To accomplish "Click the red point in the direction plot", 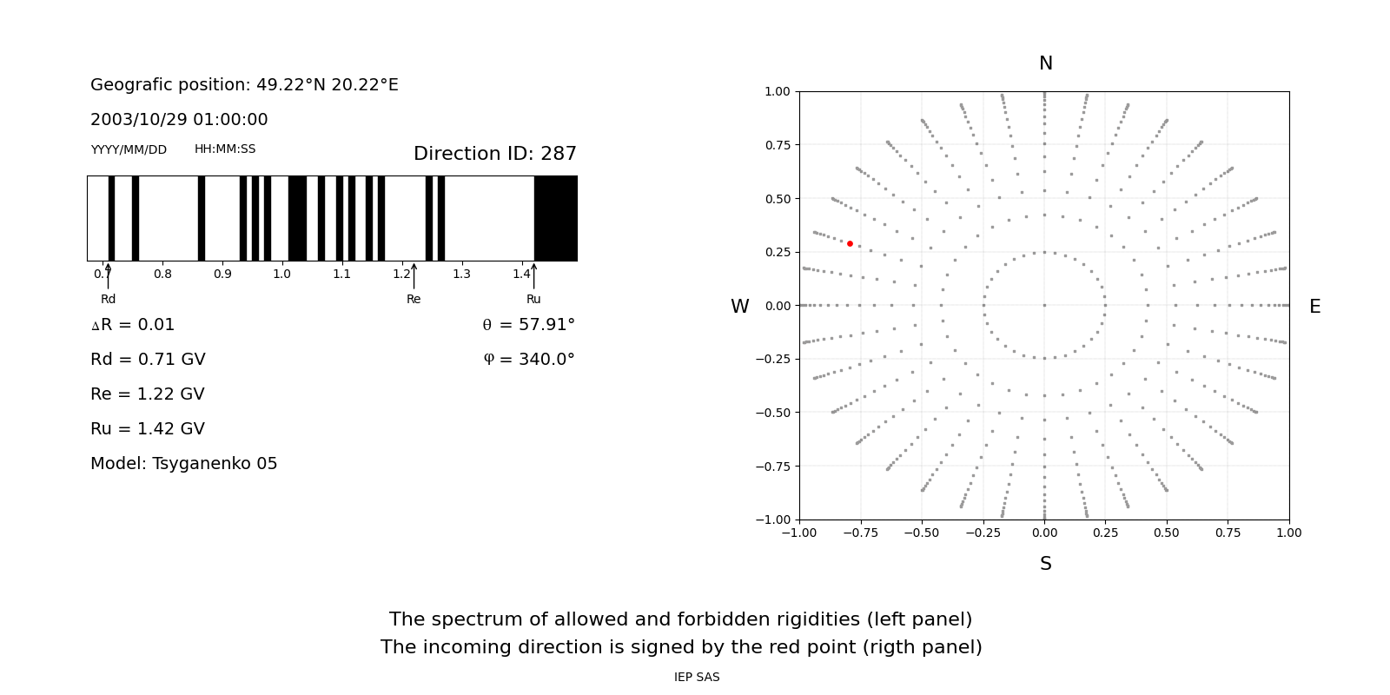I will [x=850, y=244].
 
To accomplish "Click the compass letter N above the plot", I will [x=1046, y=63].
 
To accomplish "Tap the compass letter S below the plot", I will [x=1046, y=564].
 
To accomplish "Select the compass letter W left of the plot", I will [x=739, y=307].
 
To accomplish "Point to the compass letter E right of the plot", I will [x=1314, y=307].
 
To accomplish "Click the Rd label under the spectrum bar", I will [x=108, y=299].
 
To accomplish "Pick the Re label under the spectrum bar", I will [x=414, y=299].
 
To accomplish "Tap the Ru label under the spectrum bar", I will [x=533, y=299].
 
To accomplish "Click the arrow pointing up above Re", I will [x=414, y=275].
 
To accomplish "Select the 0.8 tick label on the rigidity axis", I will [x=162, y=275].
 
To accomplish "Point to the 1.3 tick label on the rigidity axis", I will [x=461, y=275].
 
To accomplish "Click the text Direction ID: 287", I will [x=494, y=154].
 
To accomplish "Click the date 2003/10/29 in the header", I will [x=136, y=120].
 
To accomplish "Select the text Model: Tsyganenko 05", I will [x=183, y=464].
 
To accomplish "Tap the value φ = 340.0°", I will [x=529, y=360].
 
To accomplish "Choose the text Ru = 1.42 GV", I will [x=148, y=429].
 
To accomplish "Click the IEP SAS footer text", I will [x=697, y=677].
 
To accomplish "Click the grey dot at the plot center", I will [x=1044, y=305].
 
